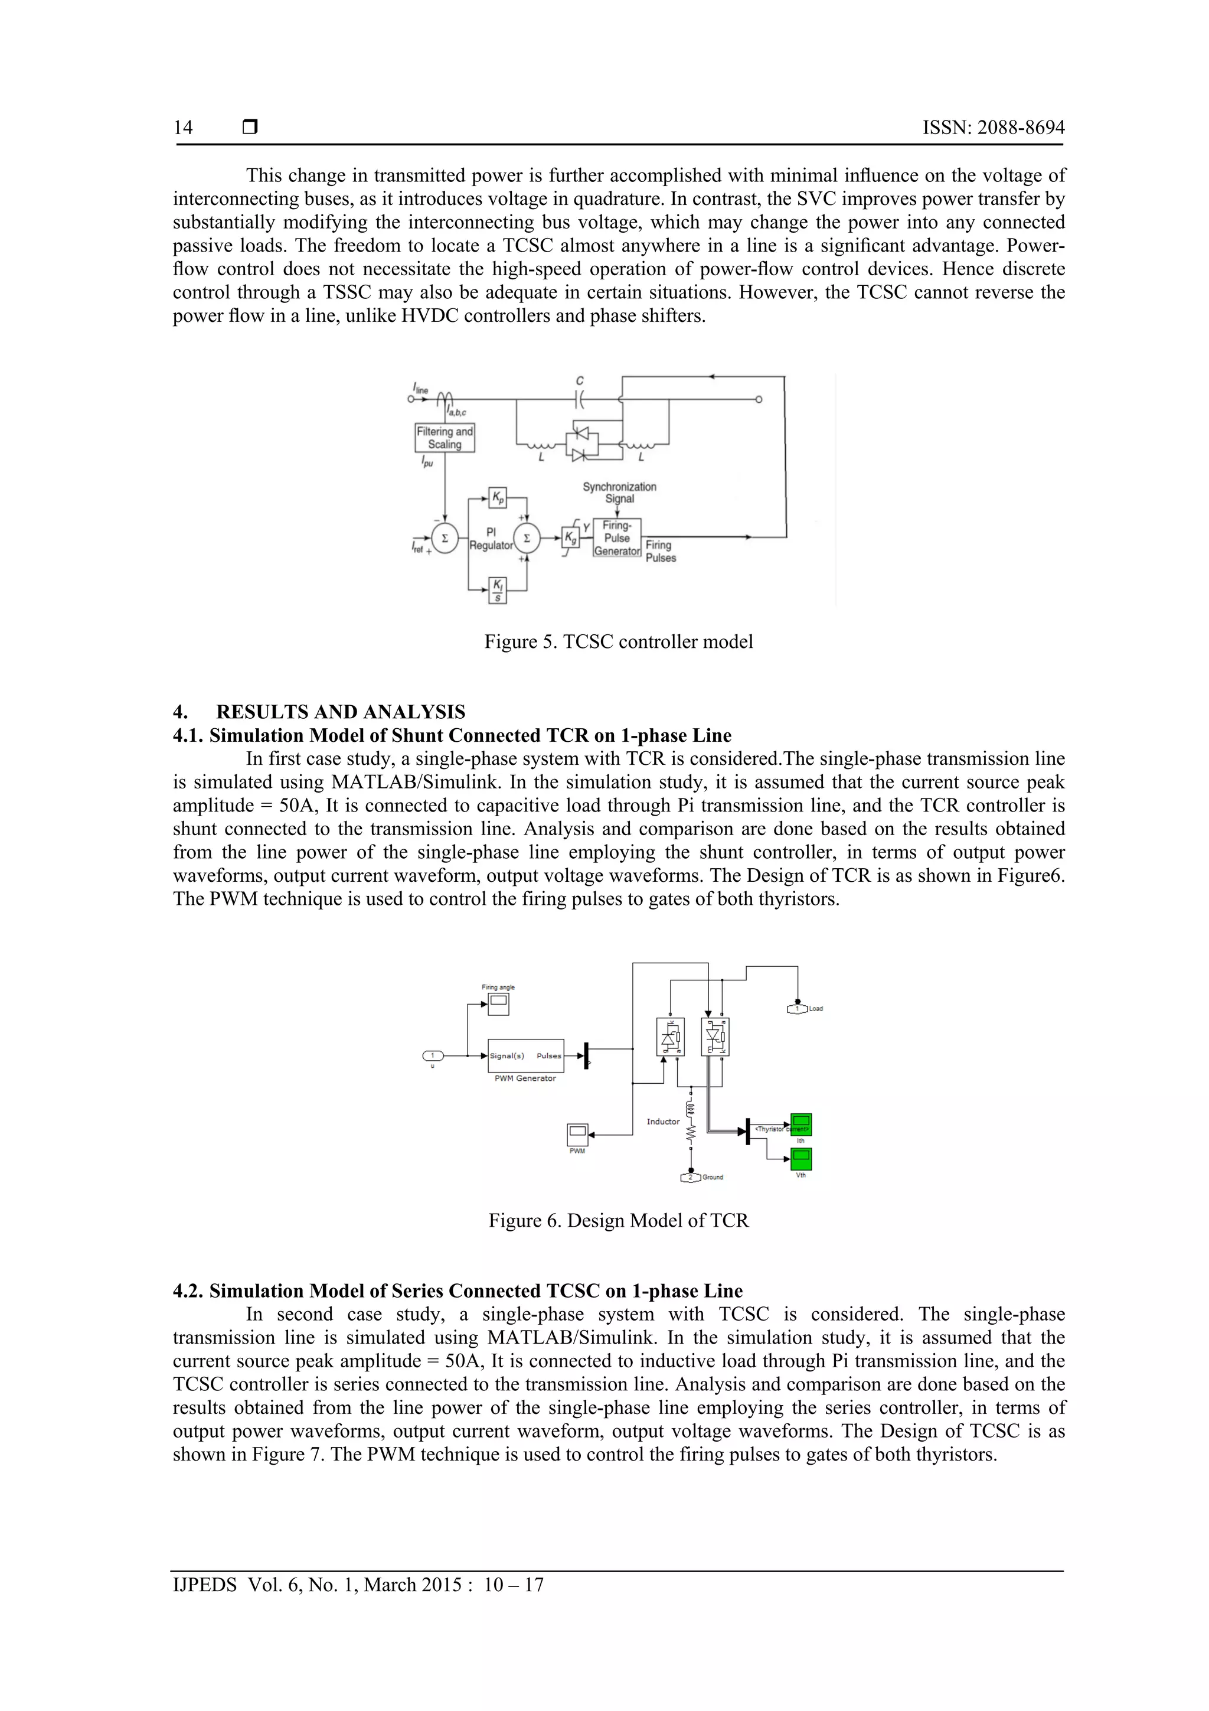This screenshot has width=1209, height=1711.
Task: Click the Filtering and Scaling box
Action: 444,438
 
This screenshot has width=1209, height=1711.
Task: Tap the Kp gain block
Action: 497,497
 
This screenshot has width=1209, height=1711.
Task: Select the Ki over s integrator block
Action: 497,589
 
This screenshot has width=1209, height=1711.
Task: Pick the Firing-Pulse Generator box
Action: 617,538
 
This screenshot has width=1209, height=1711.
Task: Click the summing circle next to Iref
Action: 445,538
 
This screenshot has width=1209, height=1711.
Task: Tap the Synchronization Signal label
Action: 619,493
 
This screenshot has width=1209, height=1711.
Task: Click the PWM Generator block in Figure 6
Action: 526,1055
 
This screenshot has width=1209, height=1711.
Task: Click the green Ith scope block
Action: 801,1125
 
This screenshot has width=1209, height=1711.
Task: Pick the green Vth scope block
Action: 801,1159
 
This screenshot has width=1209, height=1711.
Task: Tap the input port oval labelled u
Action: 433,1055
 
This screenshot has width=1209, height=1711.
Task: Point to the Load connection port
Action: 797,1009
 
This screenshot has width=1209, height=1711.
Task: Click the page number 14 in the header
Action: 183,128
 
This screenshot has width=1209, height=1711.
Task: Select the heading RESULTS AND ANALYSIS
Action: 341,712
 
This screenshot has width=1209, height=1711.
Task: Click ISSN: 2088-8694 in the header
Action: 993,128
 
